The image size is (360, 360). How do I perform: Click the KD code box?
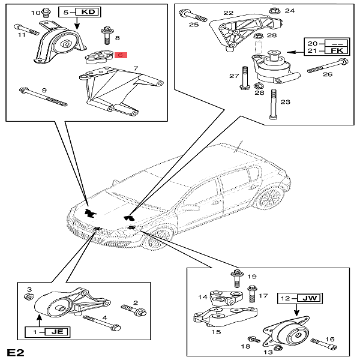point(88,11)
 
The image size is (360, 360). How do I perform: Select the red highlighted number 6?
point(120,55)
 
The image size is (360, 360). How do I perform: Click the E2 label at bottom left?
point(16,350)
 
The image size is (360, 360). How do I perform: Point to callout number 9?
point(44,91)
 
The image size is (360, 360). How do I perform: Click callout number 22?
point(228,13)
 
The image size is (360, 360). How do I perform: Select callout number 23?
point(285,102)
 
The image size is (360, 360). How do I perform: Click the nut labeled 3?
point(27,298)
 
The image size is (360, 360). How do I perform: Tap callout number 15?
point(217,332)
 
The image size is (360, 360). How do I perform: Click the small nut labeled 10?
point(47,13)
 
